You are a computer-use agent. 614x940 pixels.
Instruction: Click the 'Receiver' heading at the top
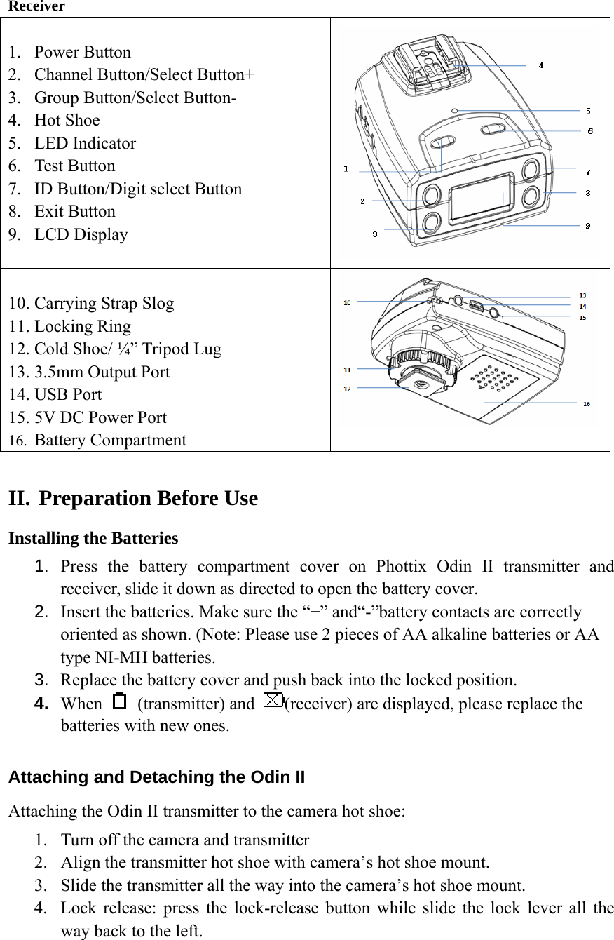pos(36,6)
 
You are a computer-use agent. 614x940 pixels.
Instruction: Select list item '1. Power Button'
pos(82,52)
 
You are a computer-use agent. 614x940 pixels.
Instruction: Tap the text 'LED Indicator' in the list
pos(85,143)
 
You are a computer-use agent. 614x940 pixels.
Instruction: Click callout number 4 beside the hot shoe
pos(541,65)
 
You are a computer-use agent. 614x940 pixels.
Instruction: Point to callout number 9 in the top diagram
pos(588,225)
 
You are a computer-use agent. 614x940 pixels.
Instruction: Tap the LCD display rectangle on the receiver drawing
pos(479,197)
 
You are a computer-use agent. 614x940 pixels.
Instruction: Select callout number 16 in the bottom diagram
pos(587,403)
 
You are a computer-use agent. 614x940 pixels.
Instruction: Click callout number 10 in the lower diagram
pos(347,302)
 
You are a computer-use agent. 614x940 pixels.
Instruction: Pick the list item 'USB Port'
pos(68,394)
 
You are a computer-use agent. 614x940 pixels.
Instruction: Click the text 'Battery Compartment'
pos(110,440)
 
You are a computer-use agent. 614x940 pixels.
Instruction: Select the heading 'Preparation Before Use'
pos(148,498)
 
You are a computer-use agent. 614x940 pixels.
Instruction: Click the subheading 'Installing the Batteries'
pos(93,538)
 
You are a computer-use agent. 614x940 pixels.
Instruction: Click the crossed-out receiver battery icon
pos(274,700)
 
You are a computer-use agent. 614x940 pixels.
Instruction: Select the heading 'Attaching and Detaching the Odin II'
pos(156,777)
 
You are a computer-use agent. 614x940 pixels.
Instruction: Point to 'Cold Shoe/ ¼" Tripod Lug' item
pos(128,349)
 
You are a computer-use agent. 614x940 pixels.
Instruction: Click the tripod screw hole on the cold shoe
pos(421,384)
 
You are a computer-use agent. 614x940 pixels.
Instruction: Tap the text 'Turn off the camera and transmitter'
pos(184,840)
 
